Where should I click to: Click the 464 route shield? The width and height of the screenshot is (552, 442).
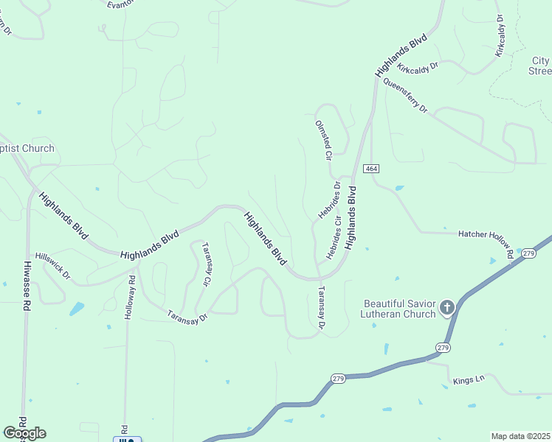pyautogui.click(x=370, y=169)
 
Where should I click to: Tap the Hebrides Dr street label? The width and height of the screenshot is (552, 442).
pyautogui.click(x=330, y=200)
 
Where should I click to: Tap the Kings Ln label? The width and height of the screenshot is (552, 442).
pyautogui.click(x=468, y=379)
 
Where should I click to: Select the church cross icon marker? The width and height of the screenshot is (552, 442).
pyautogui.click(x=446, y=307)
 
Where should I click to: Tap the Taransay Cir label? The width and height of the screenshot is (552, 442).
pyautogui.click(x=207, y=264)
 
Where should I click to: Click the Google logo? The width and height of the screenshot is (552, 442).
pyautogui.click(x=24, y=433)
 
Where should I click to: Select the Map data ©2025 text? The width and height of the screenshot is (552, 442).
pyautogui.click(x=520, y=436)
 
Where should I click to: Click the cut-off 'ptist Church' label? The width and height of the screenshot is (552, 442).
pyautogui.click(x=27, y=148)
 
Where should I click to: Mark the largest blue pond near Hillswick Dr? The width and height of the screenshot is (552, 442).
pyautogui.click(x=76, y=309)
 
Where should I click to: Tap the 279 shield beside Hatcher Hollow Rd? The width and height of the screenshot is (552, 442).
pyautogui.click(x=528, y=253)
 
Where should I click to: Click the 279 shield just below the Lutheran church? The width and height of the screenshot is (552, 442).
pyautogui.click(x=442, y=347)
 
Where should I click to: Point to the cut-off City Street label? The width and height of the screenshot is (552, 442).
pyautogui.click(x=540, y=66)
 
